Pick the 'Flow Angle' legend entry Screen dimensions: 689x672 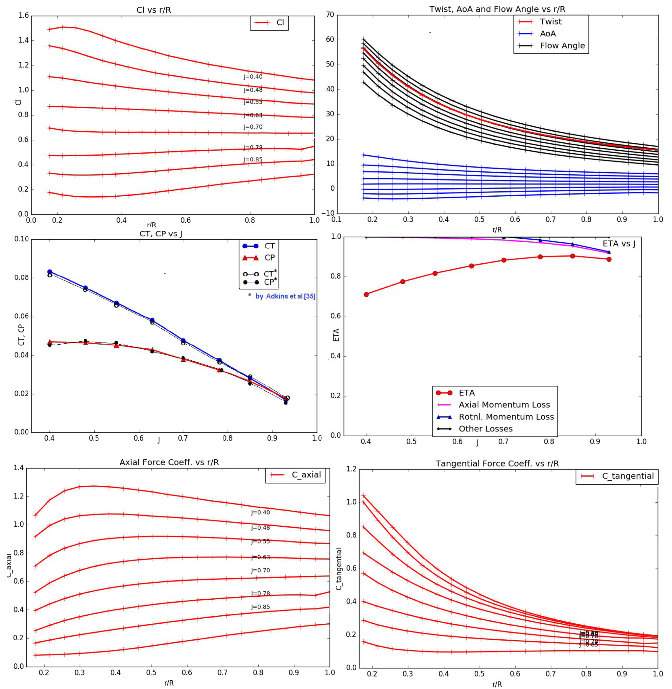(562, 45)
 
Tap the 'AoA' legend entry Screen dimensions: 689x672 (548, 34)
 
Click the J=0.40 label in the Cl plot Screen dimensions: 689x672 (253, 77)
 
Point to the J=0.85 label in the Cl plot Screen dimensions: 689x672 (253, 159)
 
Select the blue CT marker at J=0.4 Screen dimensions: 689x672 (50, 272)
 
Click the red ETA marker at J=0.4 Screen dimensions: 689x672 (366, 294)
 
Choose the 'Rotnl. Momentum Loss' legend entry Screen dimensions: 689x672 (506, 417)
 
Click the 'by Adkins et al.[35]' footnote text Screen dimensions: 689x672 (285, 296)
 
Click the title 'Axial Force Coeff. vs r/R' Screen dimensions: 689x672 (169, 462)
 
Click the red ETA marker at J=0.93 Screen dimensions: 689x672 (609, 259)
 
